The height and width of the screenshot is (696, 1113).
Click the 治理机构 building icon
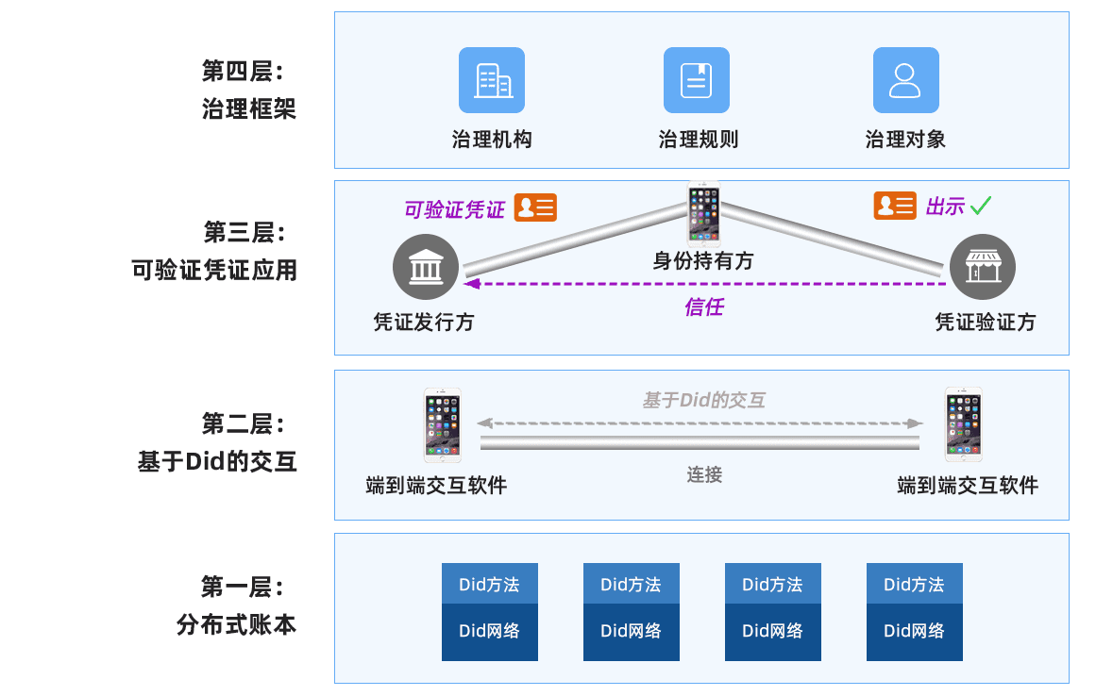click(x=491, y=80)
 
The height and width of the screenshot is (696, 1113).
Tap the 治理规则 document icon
click(x=697, y=80)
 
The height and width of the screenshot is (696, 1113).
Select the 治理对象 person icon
click(x=904, y=80)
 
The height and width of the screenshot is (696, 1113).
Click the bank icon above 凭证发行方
click(x=425, y=267)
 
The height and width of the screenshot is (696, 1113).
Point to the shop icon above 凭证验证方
click(x=982, y=267)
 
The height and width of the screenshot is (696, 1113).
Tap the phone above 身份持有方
click(x=703, y=214)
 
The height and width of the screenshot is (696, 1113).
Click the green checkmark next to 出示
click(x=981, y=205)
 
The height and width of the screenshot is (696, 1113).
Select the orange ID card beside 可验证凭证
click(x=535, y=207)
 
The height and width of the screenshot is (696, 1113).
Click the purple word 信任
click(x=703, y=307)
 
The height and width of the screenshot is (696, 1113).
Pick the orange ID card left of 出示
click(x=894, y=206)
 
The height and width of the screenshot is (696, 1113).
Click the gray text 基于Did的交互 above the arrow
click(x=703, y=400)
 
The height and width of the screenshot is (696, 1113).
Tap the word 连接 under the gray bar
click(x=704, y=474)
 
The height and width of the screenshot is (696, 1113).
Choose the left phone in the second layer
click(x=442, y=425)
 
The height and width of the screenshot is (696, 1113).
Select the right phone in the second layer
click(x=964, y=425)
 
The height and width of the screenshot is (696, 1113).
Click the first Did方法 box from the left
click(x=489, y=584)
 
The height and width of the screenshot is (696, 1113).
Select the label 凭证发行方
click(x=424, y=323)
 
